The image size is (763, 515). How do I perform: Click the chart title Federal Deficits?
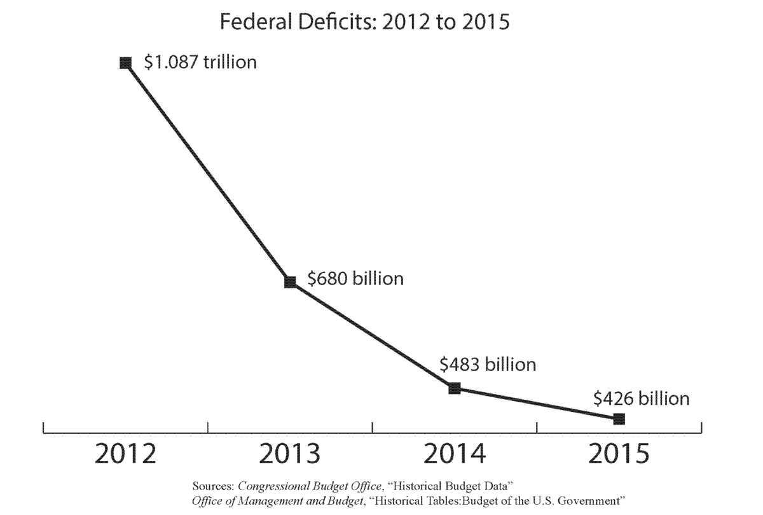click(x=364, y=22)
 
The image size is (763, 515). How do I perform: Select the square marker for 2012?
click(x=126, y=62)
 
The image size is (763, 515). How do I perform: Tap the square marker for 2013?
click(x=290, y=281)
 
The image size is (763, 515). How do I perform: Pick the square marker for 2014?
click(x=454, y=388)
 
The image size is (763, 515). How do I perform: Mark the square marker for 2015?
click(x=619, y=419)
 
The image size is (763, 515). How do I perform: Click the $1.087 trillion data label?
click(x=200, y=62)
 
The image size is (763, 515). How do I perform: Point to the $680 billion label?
click(x=355, y=278)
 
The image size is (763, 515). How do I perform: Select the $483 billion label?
click(x=488, y=365)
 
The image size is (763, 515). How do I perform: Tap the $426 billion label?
click(x=641, y=399)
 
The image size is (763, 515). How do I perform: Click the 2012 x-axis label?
click(x=126, y=455)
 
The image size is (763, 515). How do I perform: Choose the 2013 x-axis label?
click(x=290, y=455)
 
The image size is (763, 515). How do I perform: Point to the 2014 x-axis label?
click(x=455, y=455)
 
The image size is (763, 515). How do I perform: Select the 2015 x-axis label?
click(x=619, y=455)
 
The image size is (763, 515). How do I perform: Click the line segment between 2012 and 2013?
click(x=208, y=172)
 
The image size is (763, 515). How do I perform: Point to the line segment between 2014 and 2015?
click(x=537, y=404)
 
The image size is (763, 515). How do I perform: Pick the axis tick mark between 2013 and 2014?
click(x=372, y=427)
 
